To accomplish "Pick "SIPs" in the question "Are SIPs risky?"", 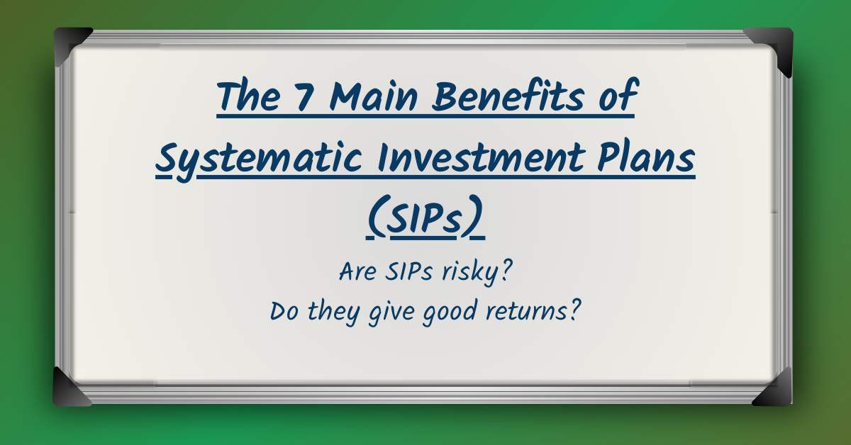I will [412, 272].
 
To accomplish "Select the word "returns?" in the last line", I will [535, 312].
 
